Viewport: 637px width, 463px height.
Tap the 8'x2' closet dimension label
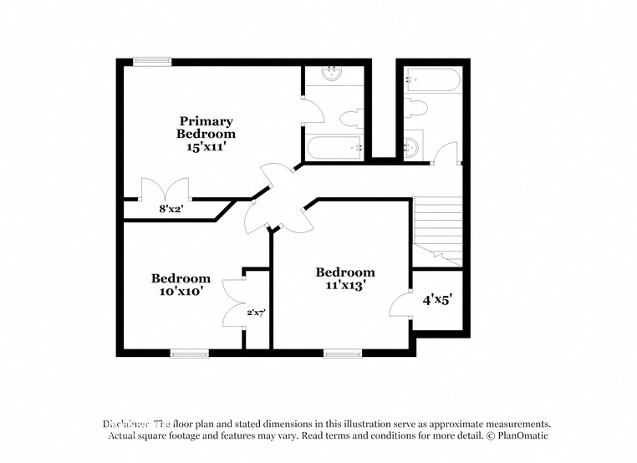click(x=171, y=210)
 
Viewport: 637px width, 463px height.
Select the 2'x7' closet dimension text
click(x=255, y=313)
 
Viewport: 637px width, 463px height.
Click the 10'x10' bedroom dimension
click(x=181, y=292)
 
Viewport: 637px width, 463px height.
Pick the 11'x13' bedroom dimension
click(x=344, y=285)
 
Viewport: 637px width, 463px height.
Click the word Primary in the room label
click(x=206, y=121)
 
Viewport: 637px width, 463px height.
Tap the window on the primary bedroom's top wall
click(x=152, y=60)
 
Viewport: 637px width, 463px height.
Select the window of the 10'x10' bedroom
click(x=189, y=353)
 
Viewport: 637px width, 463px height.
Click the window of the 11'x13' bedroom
click(x=343, y=353)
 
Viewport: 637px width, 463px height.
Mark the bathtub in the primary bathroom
click(x=334, y=148)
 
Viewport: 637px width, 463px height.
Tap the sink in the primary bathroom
click(x=333, y=73)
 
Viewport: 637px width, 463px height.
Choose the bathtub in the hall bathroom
click(x=431, y=81)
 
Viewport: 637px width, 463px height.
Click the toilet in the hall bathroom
click(x=416, y=107)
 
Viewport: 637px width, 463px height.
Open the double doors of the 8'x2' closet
click(x=165, y=190)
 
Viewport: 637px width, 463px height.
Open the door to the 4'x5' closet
click(x=400, y=303)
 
